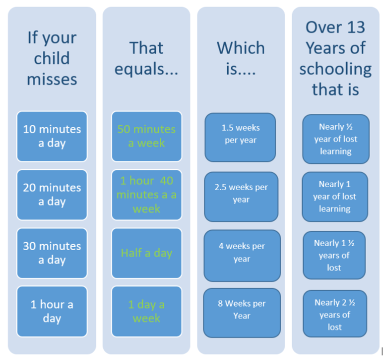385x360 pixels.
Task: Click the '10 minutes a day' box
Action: [52, 136]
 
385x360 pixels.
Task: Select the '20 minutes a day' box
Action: [52, 195]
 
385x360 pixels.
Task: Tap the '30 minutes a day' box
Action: [52, 253]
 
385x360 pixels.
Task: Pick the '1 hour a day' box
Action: [52, 312]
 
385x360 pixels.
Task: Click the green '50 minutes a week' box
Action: [147, 136]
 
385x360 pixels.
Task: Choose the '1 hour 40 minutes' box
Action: [147, 195]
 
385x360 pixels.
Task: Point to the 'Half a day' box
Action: [147, 253]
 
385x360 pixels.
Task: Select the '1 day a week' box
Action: [147, 312]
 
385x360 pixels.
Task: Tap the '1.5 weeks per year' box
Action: [240, 137]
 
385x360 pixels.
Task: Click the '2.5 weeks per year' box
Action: [241, 197]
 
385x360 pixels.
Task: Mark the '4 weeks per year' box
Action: [242, 256]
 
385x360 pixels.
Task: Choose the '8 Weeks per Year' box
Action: [242, 313]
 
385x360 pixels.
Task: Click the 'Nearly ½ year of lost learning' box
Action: [336, 139]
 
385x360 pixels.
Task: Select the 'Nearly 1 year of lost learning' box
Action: [335, 197]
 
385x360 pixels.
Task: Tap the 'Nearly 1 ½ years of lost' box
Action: [334, 255]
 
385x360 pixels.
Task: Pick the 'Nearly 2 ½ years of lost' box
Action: [335, 314]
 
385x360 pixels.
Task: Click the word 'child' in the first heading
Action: [52, 58]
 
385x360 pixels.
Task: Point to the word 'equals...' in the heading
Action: [146, 69]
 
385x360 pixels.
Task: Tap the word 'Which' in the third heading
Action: [241, 47]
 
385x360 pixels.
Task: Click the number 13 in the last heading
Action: [356, 27]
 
